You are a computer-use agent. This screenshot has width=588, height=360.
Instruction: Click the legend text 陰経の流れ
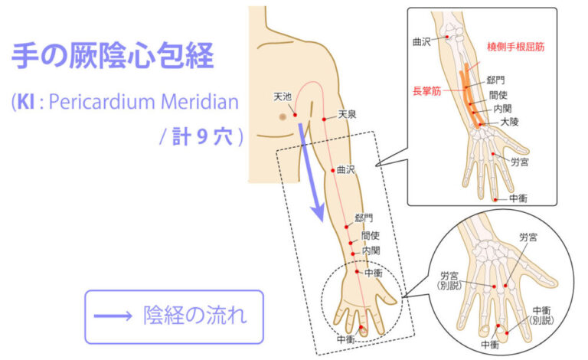(194, 316)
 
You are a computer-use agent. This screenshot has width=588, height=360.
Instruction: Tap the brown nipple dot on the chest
(282, 117)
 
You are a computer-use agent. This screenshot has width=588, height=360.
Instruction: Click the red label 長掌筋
(426, 90)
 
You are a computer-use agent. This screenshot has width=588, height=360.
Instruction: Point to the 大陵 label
(510, 122)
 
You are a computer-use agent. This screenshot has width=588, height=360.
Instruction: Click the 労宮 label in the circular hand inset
(528, 238)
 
